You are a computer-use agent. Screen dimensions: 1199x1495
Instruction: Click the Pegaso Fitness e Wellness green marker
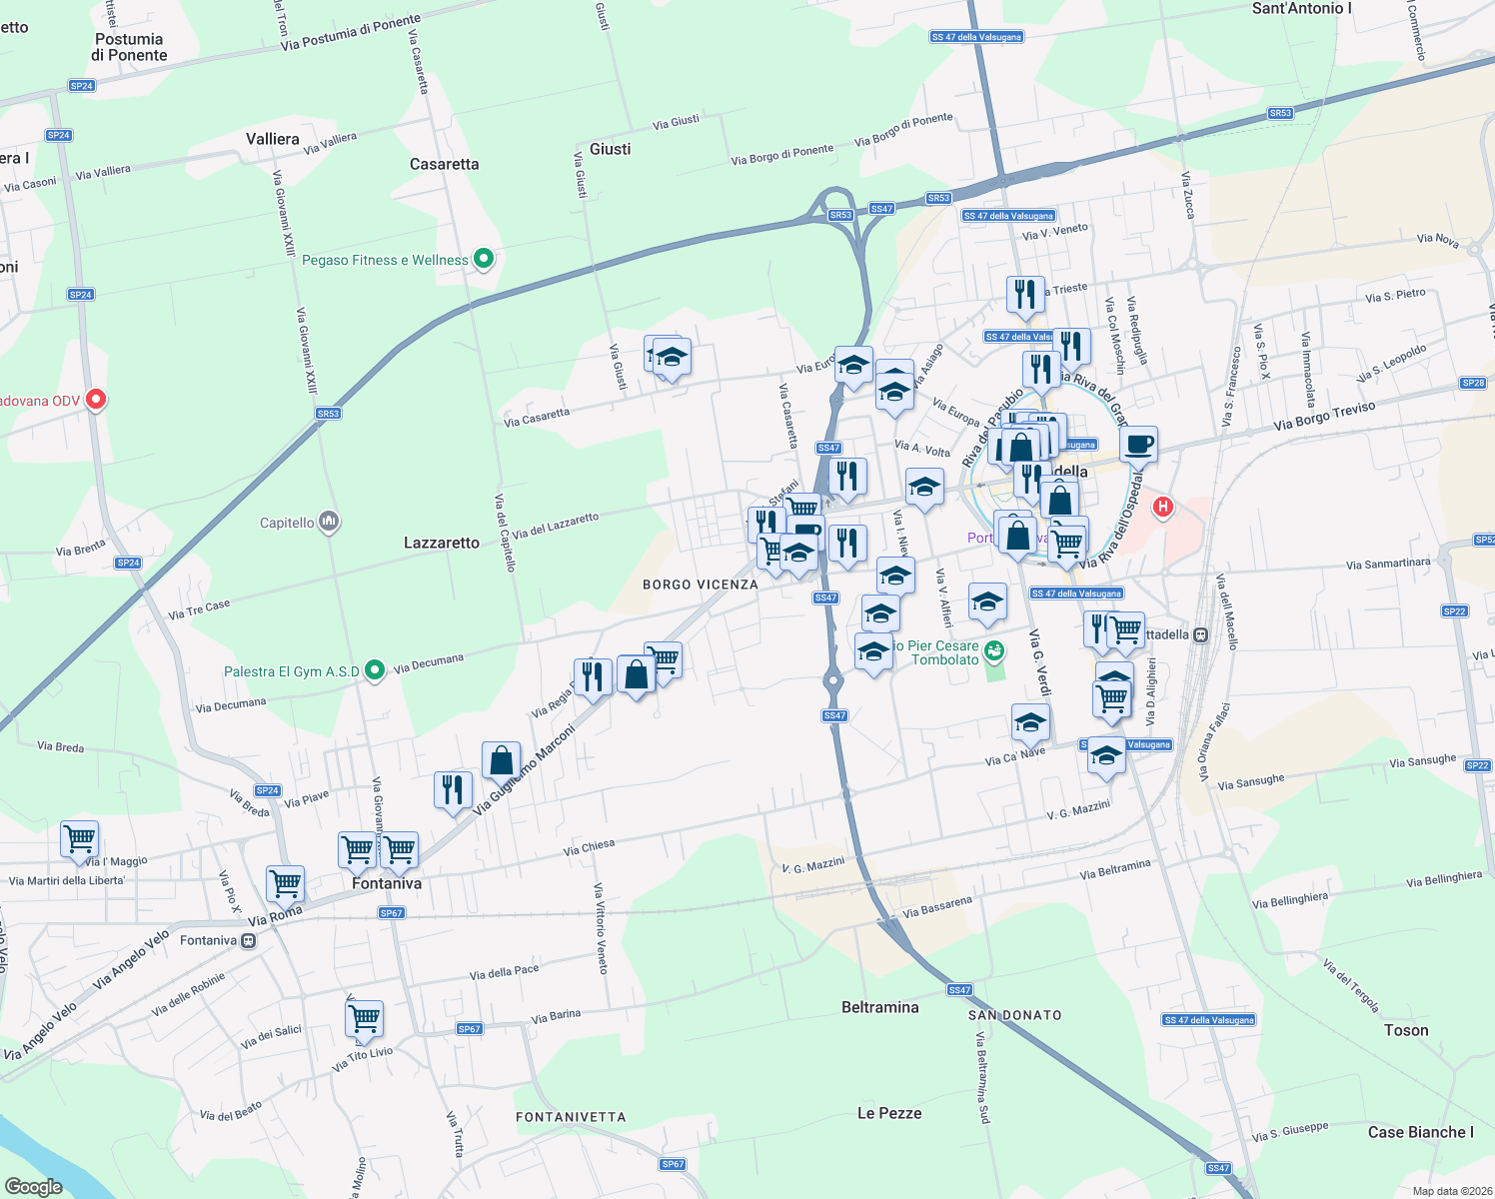point(484,260)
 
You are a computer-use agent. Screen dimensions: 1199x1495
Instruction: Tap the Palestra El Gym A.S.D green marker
point(375,670)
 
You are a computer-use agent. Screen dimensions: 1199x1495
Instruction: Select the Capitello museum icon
point(329,522)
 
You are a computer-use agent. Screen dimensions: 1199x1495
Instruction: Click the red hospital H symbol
point(1162,507)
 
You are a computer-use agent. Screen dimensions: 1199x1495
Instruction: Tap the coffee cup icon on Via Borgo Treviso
point(1138,445)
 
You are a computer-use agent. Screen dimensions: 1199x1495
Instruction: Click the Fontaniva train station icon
point(248,940)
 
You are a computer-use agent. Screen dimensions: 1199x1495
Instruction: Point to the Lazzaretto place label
point(442,543)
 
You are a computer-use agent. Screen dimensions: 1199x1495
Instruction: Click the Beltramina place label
point(879,1007)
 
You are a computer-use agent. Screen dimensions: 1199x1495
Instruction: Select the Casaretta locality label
point(444,164)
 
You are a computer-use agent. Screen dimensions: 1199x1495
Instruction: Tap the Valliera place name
point(273,139)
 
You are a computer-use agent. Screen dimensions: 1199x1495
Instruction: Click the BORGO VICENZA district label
point(700,585)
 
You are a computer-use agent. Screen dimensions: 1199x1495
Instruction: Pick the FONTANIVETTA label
point(571,1117)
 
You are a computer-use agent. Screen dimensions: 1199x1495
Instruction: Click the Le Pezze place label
point(889,1113)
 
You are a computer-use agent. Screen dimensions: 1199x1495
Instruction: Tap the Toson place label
point(1406,1030)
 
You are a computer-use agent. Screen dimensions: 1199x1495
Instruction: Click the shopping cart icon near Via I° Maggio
point(79,838)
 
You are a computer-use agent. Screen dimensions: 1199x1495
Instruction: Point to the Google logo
point(33,1187)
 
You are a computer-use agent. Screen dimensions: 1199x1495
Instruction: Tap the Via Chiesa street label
point(589,848)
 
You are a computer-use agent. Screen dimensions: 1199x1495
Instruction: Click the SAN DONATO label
point(1014,1015)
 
